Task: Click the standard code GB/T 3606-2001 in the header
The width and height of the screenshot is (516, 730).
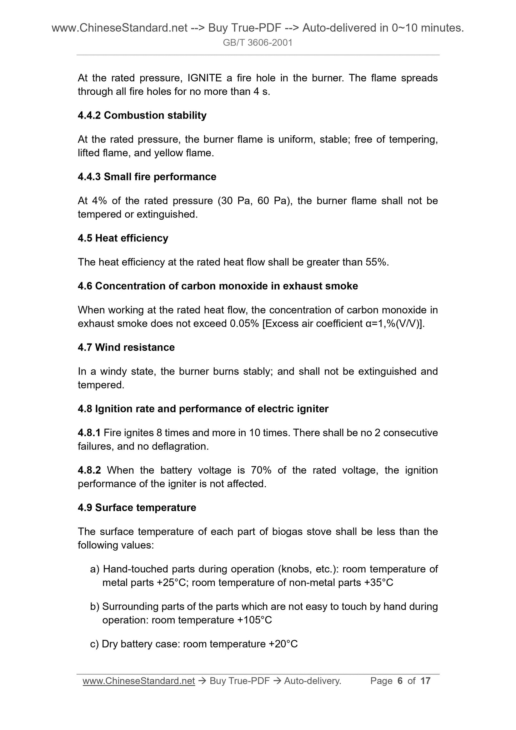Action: click(257, 43)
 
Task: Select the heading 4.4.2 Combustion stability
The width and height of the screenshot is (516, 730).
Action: click(142, 115)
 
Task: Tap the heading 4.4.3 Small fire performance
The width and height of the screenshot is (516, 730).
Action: click(147, 177)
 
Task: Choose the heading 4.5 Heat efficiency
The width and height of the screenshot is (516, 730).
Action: click(123, 238)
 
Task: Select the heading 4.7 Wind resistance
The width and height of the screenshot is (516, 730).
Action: click(126, 347)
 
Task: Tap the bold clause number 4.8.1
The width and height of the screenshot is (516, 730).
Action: click(89, 433)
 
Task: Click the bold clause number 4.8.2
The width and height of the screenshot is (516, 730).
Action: click(89, 470)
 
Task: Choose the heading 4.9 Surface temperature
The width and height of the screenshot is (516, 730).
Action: click(137, 508)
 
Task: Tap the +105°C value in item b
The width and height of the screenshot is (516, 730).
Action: click(255, 620)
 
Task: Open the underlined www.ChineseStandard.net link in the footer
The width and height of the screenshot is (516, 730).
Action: click(139, 681)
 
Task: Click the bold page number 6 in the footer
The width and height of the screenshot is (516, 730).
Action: click(400, 681)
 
